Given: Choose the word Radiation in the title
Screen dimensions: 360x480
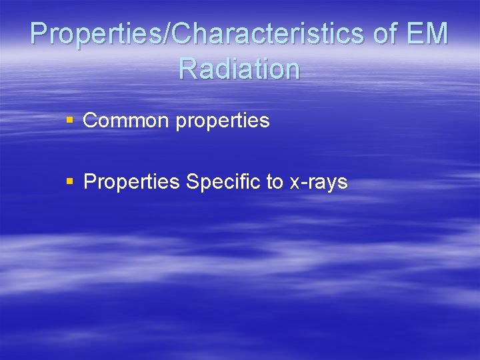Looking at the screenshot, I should coord(239,69).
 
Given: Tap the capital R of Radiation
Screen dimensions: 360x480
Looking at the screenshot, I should coord(189,69).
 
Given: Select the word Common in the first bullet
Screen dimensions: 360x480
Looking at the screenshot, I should coord(126,121).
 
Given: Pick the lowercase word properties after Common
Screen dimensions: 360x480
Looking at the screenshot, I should coord(223,122).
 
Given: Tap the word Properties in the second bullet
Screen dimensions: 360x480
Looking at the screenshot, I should coord(131,182).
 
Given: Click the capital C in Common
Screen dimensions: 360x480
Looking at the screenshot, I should coord(90,121).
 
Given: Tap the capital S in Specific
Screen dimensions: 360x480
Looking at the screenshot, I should coord(193,182).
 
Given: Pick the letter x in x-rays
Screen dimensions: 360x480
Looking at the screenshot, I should coord(295,184).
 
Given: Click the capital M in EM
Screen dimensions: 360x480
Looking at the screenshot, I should coord(437,34).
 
